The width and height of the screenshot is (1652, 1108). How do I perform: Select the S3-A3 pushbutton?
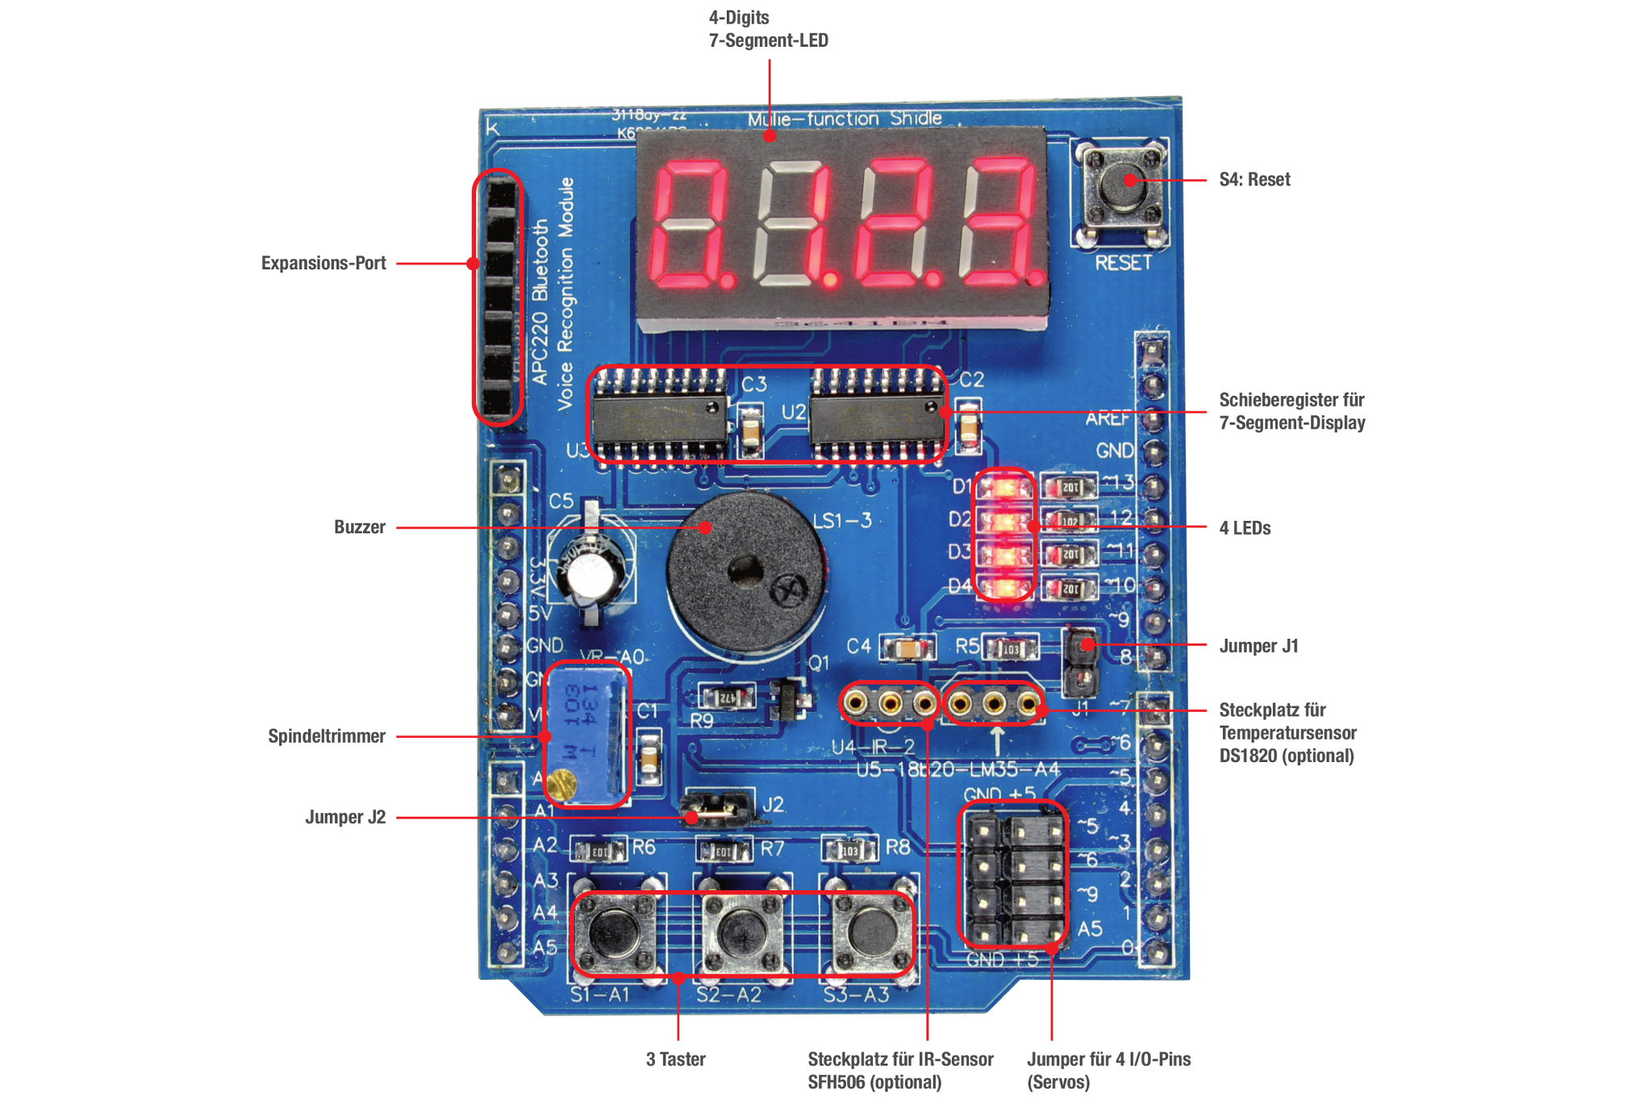tap(871, 931)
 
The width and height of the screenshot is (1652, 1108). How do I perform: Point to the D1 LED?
tap(1003, 488)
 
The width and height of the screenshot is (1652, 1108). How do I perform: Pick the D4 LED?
tap(1003, 588)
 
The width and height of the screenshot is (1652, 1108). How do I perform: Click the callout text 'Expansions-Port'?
tap(323, 263)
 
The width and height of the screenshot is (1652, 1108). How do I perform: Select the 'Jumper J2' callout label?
tap(345, 817)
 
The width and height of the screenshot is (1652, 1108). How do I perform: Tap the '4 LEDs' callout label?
tap(1245, 528)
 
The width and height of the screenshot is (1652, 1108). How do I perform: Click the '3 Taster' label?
tap(675, 1059)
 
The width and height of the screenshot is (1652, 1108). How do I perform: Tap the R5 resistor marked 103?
tap(1009, 648)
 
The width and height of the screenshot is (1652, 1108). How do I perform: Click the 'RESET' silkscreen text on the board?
tap(1123, 263)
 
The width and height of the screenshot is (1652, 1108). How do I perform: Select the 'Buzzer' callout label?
tap(360, 527)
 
